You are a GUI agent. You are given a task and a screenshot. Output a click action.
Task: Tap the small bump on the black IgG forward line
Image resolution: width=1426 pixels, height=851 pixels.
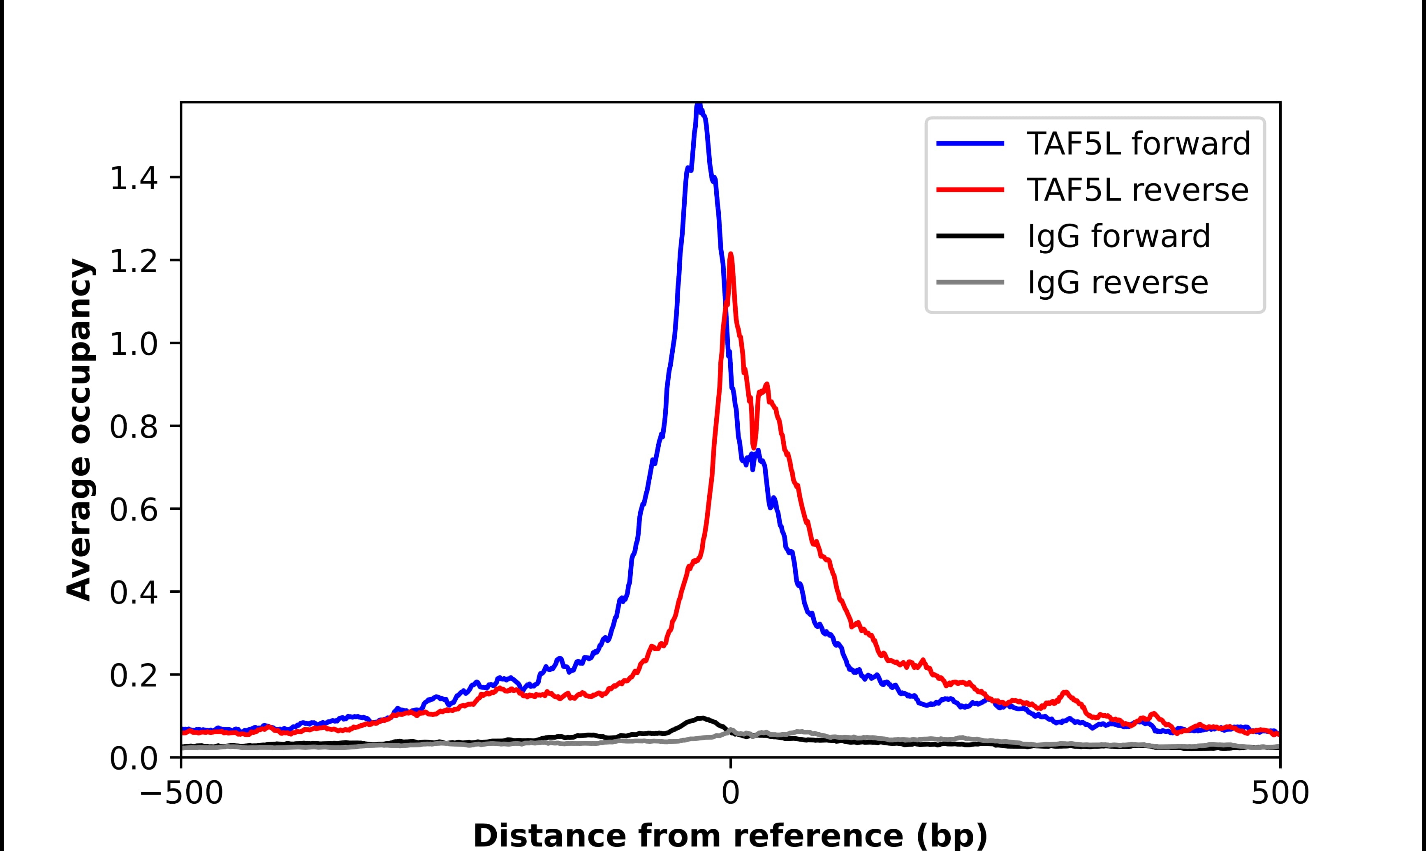coord(701,718)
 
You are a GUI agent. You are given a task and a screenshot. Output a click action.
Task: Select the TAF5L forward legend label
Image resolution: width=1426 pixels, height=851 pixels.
coord(1138,143)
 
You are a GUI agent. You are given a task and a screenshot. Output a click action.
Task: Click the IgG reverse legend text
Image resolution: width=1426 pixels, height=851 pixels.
coord(1118,283)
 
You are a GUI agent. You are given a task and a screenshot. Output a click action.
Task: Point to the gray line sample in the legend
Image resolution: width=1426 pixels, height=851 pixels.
coord(970,282)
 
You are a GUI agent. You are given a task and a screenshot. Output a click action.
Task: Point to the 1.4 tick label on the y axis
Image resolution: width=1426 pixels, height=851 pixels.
coord(133,179)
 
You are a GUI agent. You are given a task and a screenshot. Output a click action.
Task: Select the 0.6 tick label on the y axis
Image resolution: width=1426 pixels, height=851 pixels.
coord(133,510)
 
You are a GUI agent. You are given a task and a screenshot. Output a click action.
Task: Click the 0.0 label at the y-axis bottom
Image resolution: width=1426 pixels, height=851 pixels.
coord(133,759)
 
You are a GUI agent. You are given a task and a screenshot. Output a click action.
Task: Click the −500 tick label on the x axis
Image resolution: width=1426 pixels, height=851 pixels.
coord(181,794)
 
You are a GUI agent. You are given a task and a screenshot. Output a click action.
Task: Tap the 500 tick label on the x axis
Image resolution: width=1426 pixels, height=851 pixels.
coord(1280,794)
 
